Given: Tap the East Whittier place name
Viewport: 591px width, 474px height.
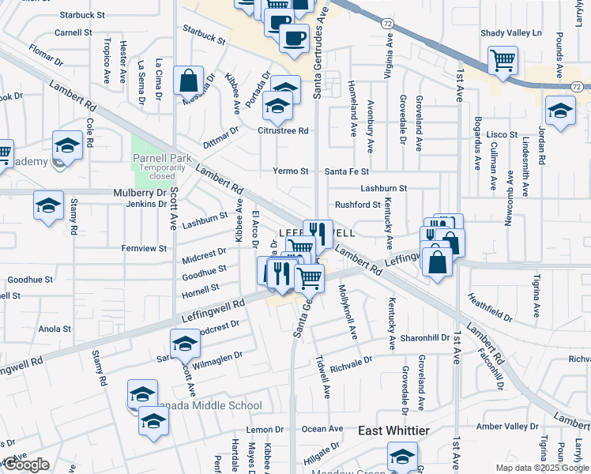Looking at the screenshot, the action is coord(393,431).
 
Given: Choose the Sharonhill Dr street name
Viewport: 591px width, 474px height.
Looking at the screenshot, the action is coord(424,337).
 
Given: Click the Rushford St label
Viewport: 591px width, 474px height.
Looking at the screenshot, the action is coord(358,205).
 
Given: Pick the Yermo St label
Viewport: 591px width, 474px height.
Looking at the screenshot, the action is coord(290,171).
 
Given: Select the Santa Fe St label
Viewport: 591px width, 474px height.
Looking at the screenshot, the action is coord(348,171).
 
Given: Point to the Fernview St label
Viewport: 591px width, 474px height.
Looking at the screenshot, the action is coord(144,248).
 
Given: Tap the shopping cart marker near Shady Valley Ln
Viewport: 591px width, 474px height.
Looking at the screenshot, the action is coord(503,60).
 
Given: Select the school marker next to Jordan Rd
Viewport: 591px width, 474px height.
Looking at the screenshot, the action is coord(560,110).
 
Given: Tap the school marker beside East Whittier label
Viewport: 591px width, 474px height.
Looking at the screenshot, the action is coord(402,456).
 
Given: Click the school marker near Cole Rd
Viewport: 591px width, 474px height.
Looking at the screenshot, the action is coord(68,145).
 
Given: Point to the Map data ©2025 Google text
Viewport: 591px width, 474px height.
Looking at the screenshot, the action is coord(541,468).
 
